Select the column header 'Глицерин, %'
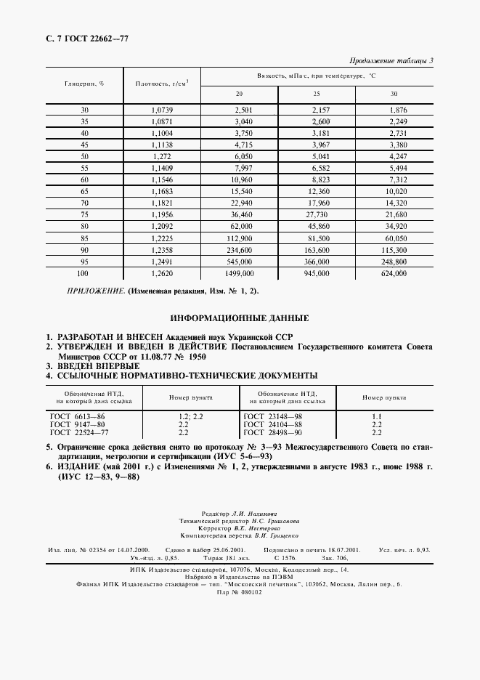tap(86, 84)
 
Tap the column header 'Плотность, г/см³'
tap(162, 84)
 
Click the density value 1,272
tap(162, 156)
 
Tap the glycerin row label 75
tap(85, 214)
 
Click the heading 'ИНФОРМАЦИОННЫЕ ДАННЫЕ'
tap(239, 318)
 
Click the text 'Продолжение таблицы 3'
tap(391, 61)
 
